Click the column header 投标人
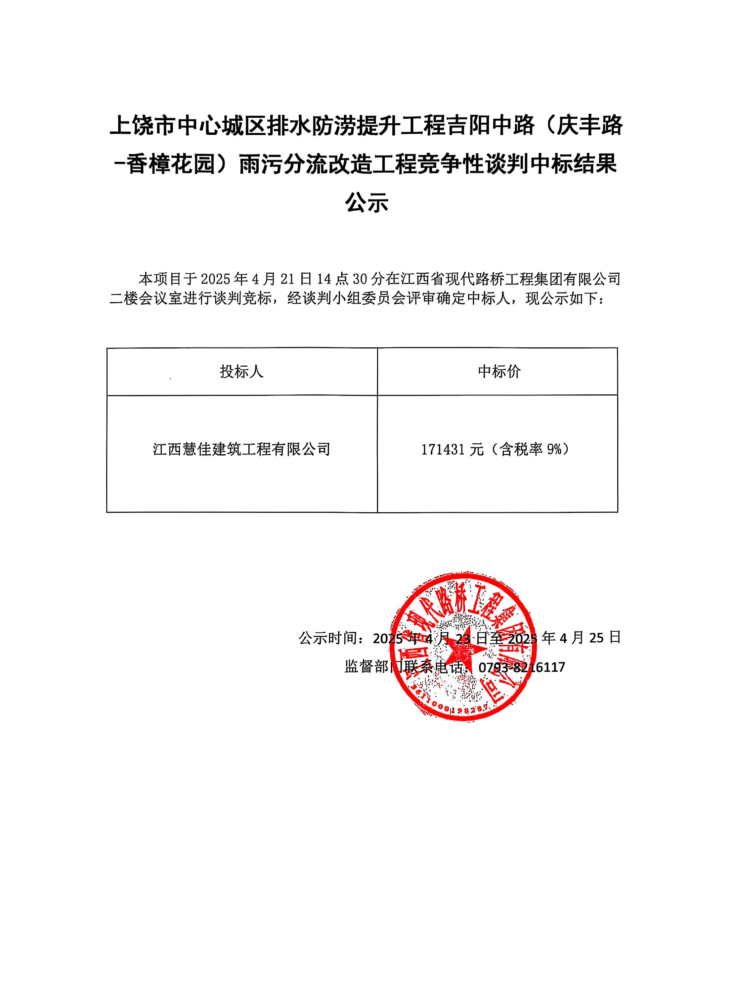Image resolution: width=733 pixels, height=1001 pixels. pyautogui.click(x=241, y=372)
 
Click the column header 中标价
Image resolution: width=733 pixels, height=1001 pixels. pyautogui.click(x=499, y=372)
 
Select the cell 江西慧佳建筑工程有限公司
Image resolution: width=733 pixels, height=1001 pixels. pyautogui.click(x=241, y=449)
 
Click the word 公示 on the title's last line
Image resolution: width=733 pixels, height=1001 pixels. pyautogui.click(x=366, y=203)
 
